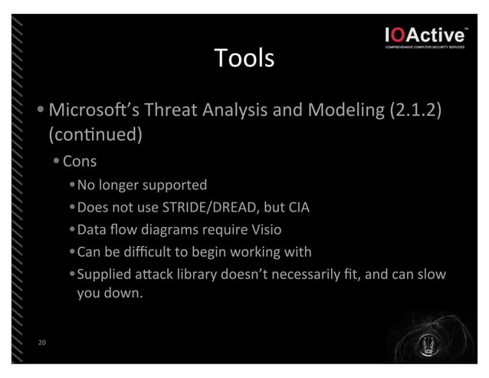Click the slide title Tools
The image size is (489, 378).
click(244, 58)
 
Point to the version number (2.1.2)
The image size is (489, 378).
click(416, 110)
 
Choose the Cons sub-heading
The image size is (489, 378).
click(80, 162)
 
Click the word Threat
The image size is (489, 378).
click(169, 110)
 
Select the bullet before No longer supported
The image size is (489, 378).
click(71, 186)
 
